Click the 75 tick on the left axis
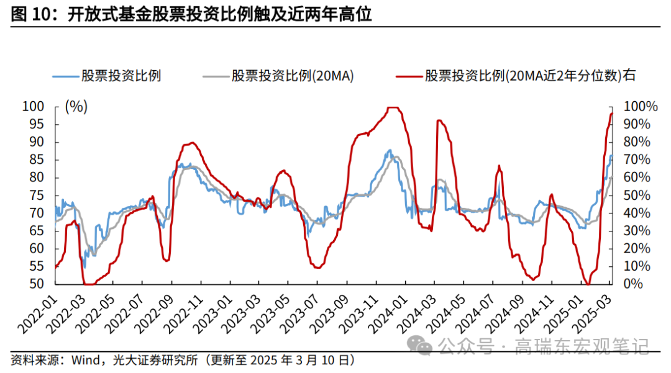tap(37, 195)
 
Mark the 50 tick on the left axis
tap(37, 284)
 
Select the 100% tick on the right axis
tap(639, 107)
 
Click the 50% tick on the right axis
tap(637, 195)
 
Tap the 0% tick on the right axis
tap(632, 284)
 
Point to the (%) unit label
tap(76, 107)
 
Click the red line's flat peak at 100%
tap(393, 107)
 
